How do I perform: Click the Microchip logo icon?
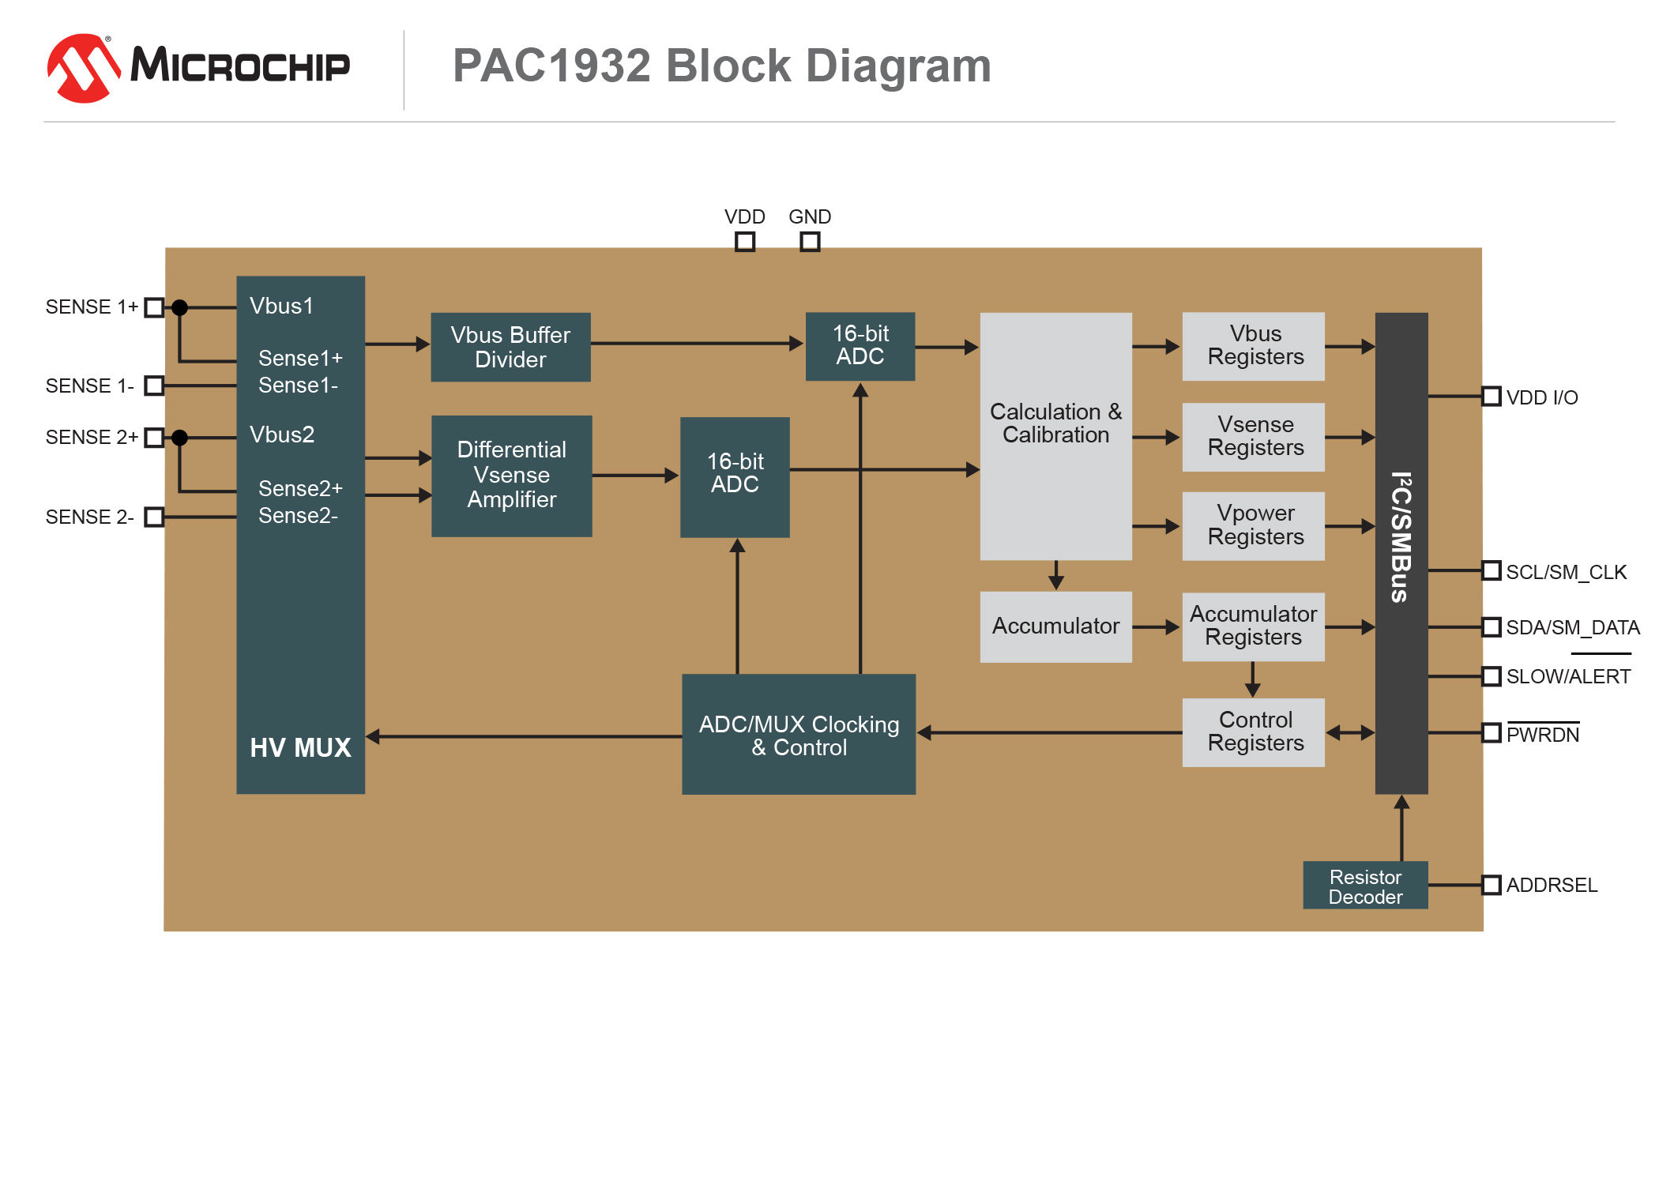tap(83, 68)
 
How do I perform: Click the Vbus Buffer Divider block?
tap(510, 347)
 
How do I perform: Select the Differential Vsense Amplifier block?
tap(512, 476)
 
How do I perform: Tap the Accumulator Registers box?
tap(1253, 626)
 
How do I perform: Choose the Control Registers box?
tap(1253, 732)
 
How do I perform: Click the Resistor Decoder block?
tap(1365, 886)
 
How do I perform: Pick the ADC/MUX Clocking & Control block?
tap(799, 734)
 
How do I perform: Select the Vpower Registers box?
tap(1253, 526)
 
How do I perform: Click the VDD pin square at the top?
tap(745, 241)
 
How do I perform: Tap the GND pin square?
tap(810, 241)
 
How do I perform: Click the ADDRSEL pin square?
tap(1491, 885)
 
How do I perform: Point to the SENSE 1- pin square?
tap(155, 386)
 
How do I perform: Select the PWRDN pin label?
tap(1542, 735)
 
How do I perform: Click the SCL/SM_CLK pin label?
tap(1566, 572)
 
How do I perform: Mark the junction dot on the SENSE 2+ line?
tap(180, 437)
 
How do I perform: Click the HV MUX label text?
tap(300, 747)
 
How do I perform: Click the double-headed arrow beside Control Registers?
tap(1350, 733)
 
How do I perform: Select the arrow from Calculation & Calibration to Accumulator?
tap(1056, 575)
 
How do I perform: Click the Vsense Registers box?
tap(1253, 437)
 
